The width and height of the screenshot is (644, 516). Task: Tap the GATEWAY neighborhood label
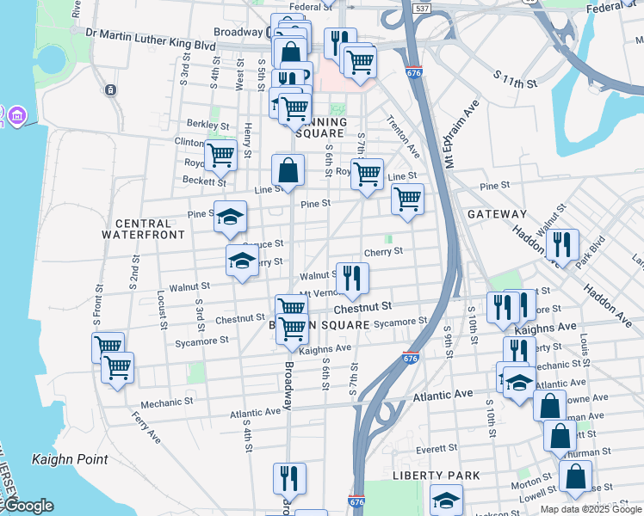[x=497, y=213]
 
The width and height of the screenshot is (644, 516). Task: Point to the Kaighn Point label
[x=71, y=459]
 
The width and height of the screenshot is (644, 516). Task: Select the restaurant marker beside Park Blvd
[x=562, y=243]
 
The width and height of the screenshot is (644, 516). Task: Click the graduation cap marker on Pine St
[x=230, y=217]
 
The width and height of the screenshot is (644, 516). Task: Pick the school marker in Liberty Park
[x=446, y=500]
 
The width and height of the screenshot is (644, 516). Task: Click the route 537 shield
[x=421, y=9]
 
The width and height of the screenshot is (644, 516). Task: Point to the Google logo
[x=28, y=507]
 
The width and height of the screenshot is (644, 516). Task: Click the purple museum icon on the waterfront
[x=15, y=114]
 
